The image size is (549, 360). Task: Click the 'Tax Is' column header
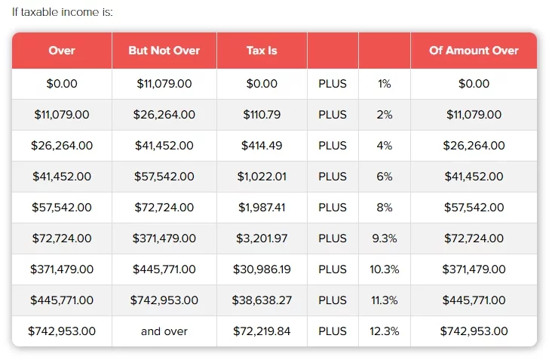click(262, 51)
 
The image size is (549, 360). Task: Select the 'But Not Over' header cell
click(164, 51)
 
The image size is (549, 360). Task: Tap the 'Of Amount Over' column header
click(474, 51)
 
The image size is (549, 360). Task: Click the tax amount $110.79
click(262, 115)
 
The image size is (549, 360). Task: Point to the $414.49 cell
click(262, 146)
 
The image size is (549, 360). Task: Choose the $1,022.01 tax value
click(262, 177)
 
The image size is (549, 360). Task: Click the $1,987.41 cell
click(262, 208)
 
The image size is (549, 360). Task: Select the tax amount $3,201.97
click(262, 238)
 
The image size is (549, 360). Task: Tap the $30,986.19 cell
click(262, 269)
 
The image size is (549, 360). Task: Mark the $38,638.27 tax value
click(262, 300)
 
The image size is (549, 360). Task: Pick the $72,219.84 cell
click(262, 331)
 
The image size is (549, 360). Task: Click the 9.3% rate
click(385, 238)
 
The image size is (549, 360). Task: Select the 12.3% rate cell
click(385, 331)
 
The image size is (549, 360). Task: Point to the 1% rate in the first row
click(385, 84)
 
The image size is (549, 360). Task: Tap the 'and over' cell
click(164, 331)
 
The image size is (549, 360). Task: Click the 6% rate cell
click(385, 177)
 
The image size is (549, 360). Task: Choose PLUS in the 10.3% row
click(333, 269)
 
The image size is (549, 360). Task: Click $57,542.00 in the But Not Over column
click(164, 177)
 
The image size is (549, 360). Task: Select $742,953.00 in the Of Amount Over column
click(474, 331)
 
